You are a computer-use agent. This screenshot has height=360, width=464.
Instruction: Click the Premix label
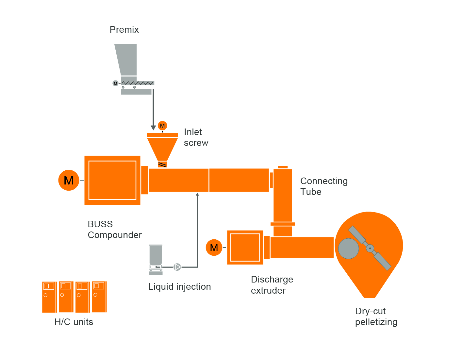point(124,30)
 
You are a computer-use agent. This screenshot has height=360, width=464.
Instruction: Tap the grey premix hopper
point(127,59)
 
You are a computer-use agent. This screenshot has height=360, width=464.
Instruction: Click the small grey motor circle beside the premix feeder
point(115,83)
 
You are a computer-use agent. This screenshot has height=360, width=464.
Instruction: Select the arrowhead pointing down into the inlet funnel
point(153,127)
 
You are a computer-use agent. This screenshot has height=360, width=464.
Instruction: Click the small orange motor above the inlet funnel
point(162,126)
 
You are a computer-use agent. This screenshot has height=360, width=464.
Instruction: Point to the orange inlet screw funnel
point(162,147)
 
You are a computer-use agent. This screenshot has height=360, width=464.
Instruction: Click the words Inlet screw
point(196,137)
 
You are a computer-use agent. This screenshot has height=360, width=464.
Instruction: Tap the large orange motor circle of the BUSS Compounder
point(69,180)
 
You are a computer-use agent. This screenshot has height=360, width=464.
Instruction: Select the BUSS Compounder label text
point(114,230)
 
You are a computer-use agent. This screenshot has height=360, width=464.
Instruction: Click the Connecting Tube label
point(323,186)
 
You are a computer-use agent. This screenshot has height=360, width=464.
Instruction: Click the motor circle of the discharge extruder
point(214,248)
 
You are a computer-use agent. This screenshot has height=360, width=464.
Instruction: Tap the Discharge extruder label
point(272,285)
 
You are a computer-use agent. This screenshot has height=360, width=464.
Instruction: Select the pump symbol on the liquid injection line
point(177,267)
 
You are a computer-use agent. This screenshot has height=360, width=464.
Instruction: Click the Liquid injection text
point(179,287)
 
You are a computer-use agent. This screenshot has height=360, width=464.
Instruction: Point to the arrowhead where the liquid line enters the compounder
point(197,195)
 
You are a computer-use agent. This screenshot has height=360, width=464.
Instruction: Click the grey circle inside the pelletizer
point(348,249)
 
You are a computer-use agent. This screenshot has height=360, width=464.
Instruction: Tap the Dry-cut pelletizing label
point(376,317)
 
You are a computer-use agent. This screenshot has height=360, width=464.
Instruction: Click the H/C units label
point(74,322)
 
